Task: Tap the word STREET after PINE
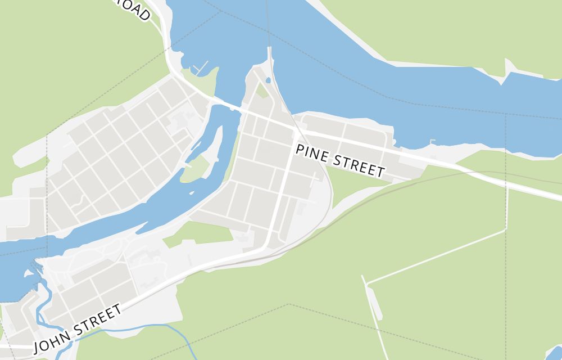point(359,164)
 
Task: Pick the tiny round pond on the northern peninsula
point(268,80)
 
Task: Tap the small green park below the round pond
point(262,91)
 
